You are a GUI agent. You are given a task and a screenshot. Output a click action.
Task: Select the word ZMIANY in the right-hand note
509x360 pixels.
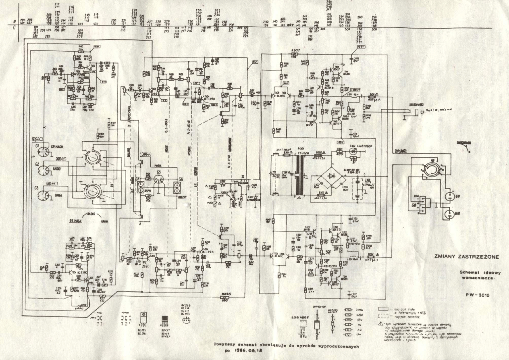[446, 256]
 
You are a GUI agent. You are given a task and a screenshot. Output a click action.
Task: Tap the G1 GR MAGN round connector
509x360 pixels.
[40, 152]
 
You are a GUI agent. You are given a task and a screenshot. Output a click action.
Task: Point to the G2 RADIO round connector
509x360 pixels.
[40, 171]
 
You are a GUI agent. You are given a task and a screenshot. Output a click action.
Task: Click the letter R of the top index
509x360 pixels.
[15, 21]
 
